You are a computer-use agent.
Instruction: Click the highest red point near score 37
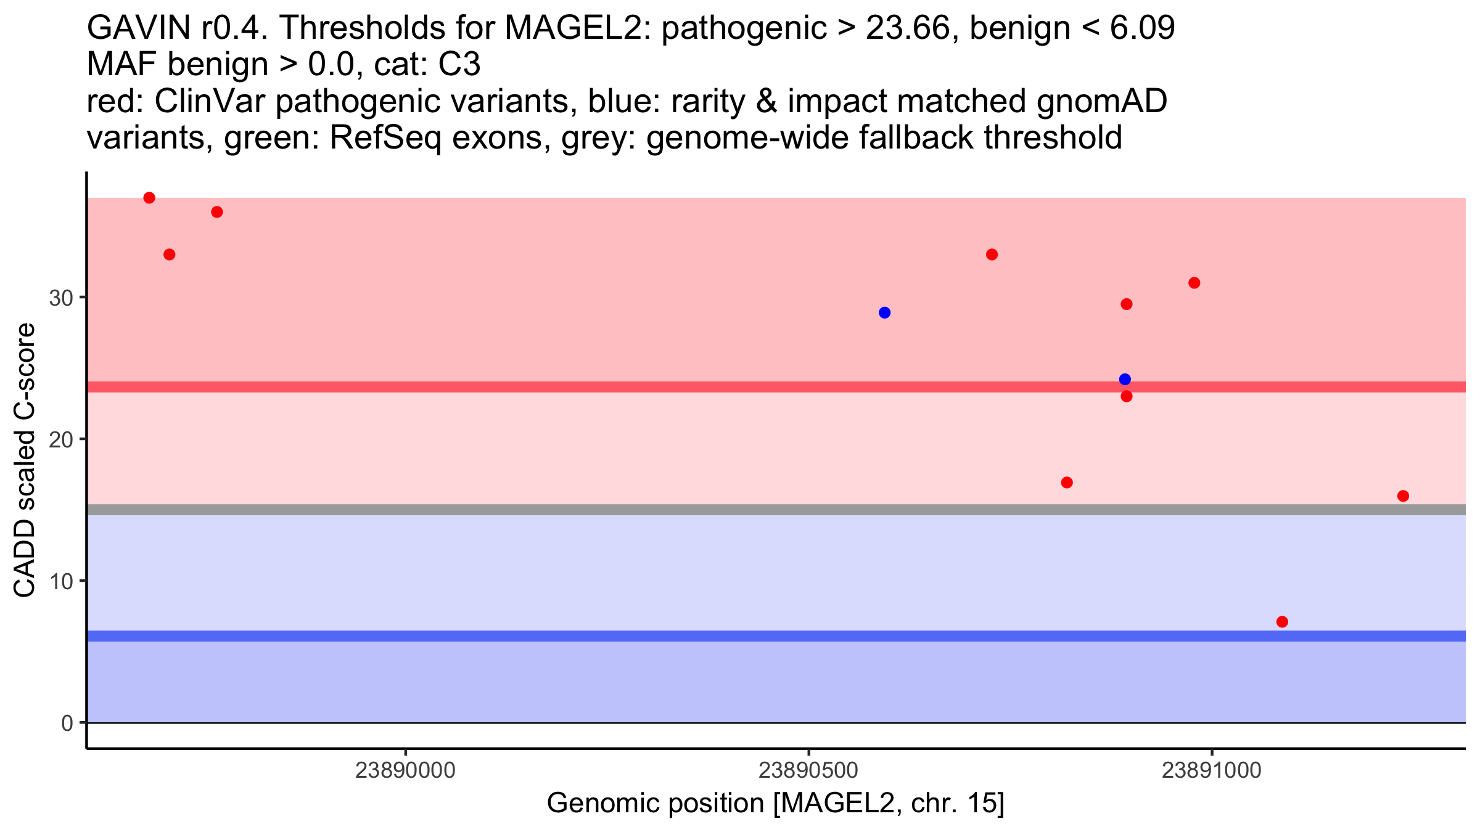point(149,198)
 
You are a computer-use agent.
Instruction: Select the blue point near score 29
point(884,312)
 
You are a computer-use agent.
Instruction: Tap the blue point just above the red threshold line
point(1125,379)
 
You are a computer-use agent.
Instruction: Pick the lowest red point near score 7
point(1282,621)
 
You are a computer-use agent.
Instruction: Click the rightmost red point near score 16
point(1403,496)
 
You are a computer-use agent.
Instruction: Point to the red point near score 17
point(1067,482)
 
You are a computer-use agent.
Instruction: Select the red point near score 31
point(1194,283)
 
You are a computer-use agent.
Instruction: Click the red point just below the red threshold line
point(1126,396)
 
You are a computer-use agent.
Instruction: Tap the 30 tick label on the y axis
point(60,298)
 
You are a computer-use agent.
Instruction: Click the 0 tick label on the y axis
point(67,723)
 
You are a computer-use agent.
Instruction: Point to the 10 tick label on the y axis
point(60,581)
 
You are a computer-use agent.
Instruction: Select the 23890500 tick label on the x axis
point(808,770)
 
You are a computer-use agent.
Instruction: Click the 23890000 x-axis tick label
point(405,770)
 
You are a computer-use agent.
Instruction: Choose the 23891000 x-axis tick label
point(1212,770)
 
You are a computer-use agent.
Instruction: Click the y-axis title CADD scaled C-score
point(25,460)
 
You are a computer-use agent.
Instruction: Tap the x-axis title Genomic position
point(775,804)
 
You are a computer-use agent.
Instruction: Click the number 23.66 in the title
point(907,28)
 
